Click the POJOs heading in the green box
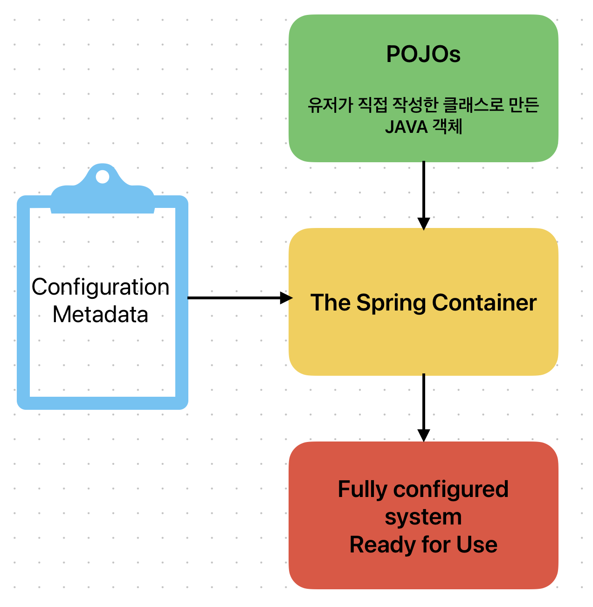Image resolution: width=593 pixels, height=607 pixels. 423,55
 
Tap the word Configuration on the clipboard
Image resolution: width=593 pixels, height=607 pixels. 100,287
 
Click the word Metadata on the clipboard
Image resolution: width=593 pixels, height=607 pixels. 100,314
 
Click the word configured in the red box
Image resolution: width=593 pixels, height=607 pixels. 451,490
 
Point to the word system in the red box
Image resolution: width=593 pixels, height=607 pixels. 423,517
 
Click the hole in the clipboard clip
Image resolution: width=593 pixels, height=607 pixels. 103,177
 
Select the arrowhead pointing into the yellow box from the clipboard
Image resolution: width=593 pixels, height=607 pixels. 286,297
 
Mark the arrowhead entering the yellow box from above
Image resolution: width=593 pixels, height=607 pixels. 423,224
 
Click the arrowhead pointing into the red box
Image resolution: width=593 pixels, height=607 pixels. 423,435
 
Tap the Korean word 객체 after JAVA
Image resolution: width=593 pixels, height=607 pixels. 448,127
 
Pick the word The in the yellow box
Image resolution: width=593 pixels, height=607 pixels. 331,303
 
